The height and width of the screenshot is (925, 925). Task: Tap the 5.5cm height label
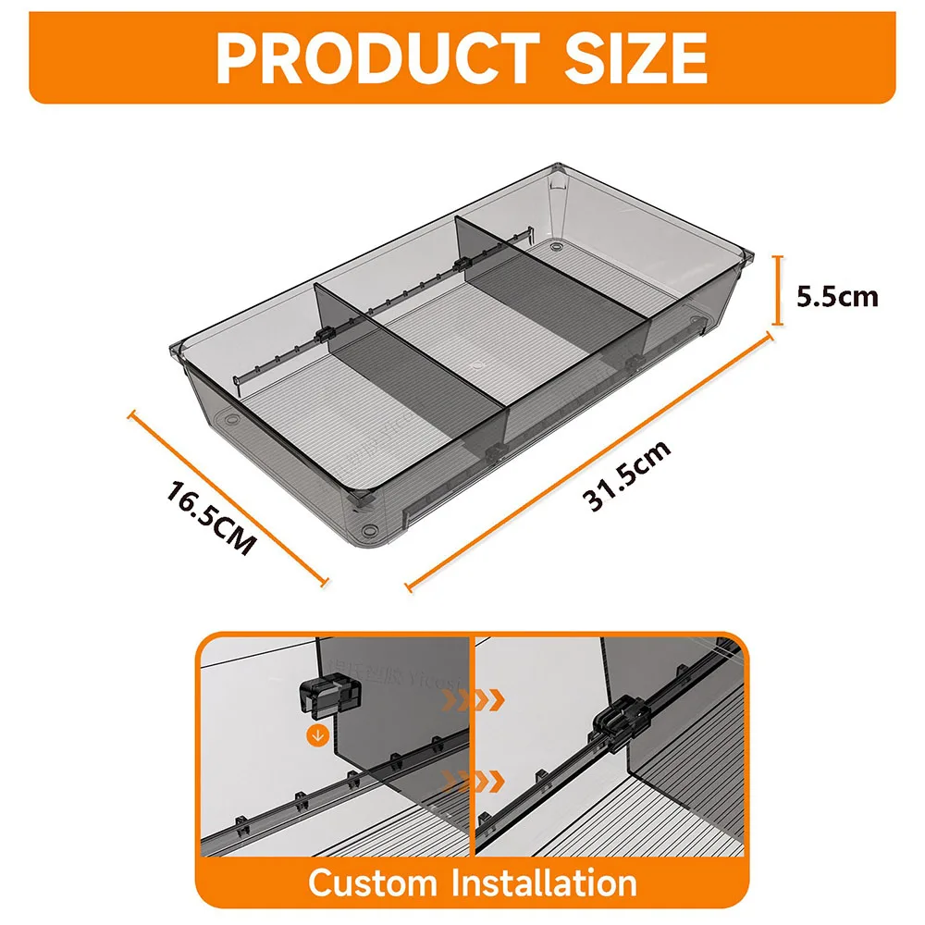[837, 296]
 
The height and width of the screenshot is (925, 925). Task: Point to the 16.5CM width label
[210, 516]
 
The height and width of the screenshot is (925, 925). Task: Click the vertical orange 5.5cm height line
[778, 290]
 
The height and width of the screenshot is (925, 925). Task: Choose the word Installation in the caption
[543, 882]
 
